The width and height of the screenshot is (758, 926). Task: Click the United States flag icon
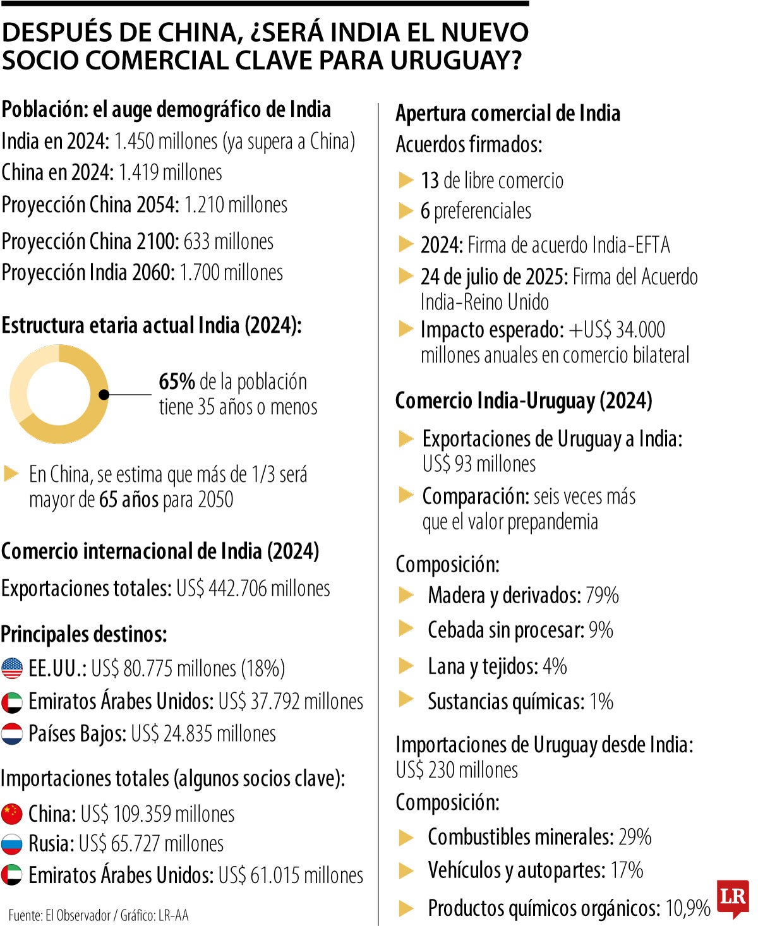coord(12,668)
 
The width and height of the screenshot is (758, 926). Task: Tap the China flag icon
coord(12,814)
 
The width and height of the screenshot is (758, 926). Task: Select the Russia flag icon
coord(12,844)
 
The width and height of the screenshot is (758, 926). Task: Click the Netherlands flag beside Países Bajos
coord(12,734)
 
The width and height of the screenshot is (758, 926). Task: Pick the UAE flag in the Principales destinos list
coord(12,702)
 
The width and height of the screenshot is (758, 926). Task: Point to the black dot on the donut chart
coord(104,395)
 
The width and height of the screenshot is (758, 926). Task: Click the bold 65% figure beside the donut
coord(176,382)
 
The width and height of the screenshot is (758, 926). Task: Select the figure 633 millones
coord(228,241)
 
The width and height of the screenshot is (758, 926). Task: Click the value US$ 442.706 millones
coord(253,588)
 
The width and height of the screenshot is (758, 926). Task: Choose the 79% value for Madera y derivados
coord(602,595)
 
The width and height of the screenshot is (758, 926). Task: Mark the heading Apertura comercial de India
coord(507,113)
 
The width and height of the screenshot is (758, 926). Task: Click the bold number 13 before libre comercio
coord(430,181)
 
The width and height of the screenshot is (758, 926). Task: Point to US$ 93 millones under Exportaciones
coord(479,464)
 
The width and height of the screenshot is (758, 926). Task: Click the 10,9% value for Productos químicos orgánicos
coord(688,908)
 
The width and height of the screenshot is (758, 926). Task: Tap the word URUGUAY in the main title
coord(454,60)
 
